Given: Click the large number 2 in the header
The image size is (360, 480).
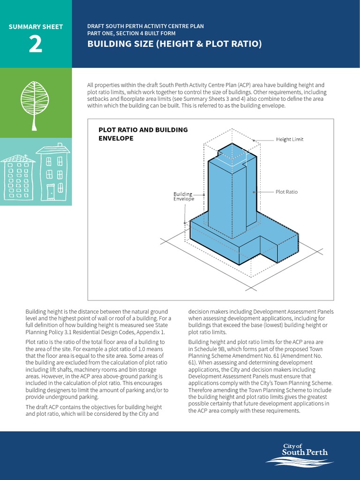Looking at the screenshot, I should tap(35, 45).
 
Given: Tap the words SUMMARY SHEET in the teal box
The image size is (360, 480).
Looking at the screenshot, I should tap(36, 27).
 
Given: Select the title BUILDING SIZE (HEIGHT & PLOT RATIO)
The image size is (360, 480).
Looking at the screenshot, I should tap(174, 44).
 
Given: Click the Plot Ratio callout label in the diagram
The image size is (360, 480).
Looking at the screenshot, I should tap(286, 192).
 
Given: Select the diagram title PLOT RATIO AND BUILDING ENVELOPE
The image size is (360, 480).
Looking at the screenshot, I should tap(143, 134).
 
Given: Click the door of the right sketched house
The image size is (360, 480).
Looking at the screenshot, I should tap(50, 190).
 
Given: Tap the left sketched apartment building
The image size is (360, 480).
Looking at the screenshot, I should tap(18, 178).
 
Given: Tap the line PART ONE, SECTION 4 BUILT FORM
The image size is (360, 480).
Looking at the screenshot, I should tap(131, 34).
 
